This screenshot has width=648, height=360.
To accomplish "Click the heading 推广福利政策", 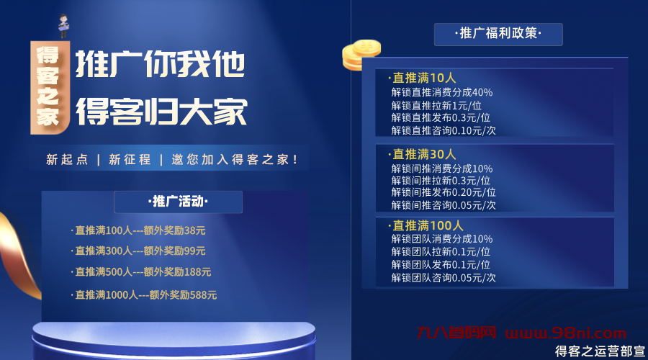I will [x=498, y=34].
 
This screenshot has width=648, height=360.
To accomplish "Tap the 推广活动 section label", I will [x=178, y=202].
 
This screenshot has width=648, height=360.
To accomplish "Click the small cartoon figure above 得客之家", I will [x=63, y=26].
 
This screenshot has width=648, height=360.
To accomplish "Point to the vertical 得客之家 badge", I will [x=49, y=86].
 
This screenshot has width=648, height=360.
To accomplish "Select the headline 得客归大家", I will [x=161, y=112].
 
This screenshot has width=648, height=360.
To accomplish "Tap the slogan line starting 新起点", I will [x=172, y=159].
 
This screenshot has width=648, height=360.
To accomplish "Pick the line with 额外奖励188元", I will [x=143, y=271].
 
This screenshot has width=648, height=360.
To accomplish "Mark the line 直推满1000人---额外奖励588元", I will [x=145, y=294].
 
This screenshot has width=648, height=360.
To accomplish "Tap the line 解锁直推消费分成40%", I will [x=441, y=92].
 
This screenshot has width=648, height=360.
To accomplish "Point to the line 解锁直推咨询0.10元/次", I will [x=444, y=130].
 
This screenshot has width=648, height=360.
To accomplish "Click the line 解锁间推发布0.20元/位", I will [x=444, y=192].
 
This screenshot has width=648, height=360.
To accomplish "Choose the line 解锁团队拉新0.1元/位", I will [x=441, y=251].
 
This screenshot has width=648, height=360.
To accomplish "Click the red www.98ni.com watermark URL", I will [x=566, y=333].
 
